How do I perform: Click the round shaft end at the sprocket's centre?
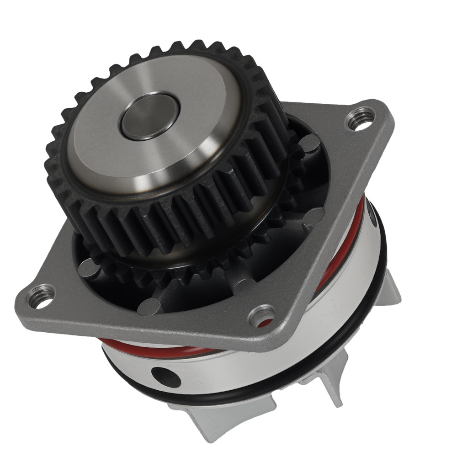coord(149,116)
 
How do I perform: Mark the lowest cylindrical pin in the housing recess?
coord(149,307)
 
